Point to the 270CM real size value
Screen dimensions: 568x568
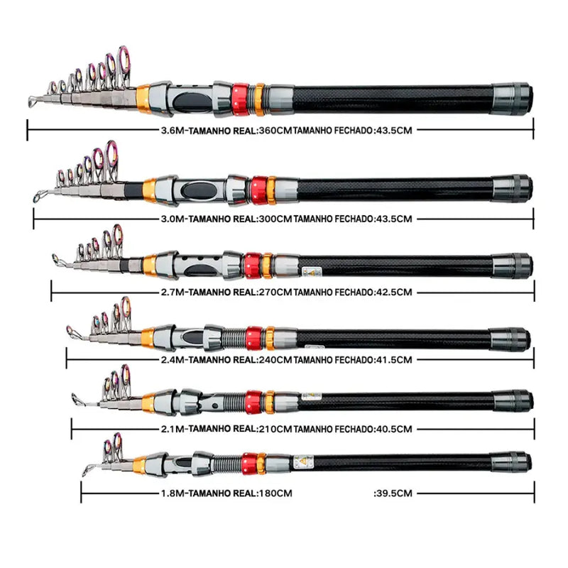point(275,291)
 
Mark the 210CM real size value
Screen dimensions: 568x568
point(275,429)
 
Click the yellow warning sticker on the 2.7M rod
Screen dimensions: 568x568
point(310,270)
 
